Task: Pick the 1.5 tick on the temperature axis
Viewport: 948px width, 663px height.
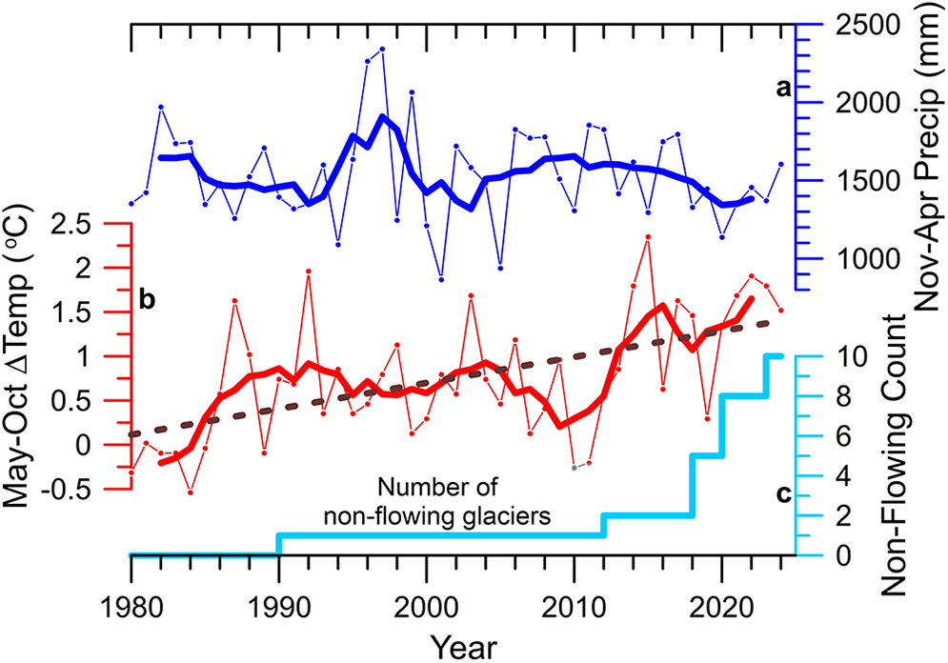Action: click(x=95, y=311)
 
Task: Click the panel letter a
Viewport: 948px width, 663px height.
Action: click(x=783, y=89)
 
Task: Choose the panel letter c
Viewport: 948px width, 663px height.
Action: click(x=782, y=492)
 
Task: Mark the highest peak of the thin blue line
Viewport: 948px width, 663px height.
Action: click(x=382, y=49)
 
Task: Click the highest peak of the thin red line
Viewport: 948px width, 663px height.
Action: click(x=648, y=236)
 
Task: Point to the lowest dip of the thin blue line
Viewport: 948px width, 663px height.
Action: click(x=441, y=279)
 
